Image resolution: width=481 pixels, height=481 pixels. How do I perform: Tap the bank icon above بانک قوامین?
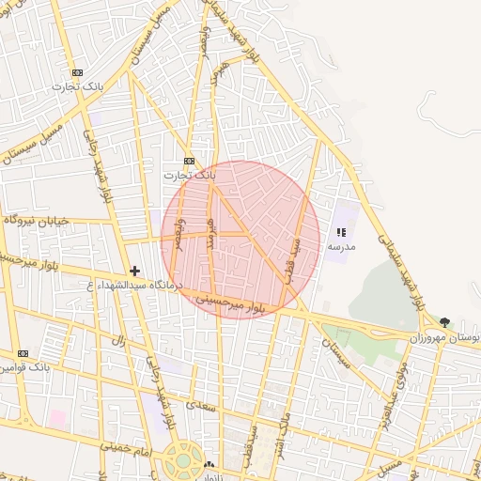[22, 353]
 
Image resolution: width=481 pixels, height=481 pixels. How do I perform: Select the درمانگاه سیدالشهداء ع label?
[135, 285]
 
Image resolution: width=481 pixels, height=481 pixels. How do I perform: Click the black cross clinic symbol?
[134, 271]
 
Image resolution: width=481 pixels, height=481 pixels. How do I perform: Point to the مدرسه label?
[341, 246]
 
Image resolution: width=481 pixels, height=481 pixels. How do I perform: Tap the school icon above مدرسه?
[341, 232]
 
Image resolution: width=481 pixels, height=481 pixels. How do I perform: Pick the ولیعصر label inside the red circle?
[178, 235]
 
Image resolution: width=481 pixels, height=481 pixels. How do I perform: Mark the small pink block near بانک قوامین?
[58, 416]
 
